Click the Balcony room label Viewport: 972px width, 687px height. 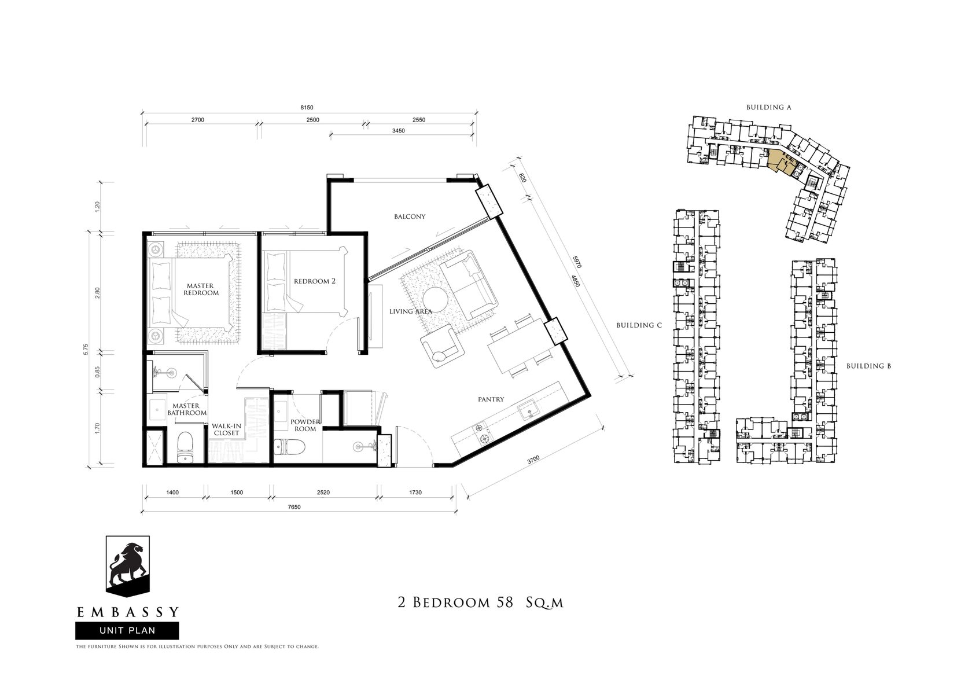410,216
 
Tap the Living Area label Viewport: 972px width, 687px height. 411,311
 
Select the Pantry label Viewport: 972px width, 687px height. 491,399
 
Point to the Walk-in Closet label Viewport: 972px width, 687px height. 226,429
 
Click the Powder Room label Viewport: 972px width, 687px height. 305,425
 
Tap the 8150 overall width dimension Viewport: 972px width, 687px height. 307,108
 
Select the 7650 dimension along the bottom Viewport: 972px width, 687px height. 294,507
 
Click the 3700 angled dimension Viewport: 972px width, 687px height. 533,460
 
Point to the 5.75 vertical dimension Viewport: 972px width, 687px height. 86,350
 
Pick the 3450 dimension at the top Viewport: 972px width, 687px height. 398,131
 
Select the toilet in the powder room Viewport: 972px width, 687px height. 290,447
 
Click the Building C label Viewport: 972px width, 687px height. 639,325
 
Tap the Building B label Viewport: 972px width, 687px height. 869,366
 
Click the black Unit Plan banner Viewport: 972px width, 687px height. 127,631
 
